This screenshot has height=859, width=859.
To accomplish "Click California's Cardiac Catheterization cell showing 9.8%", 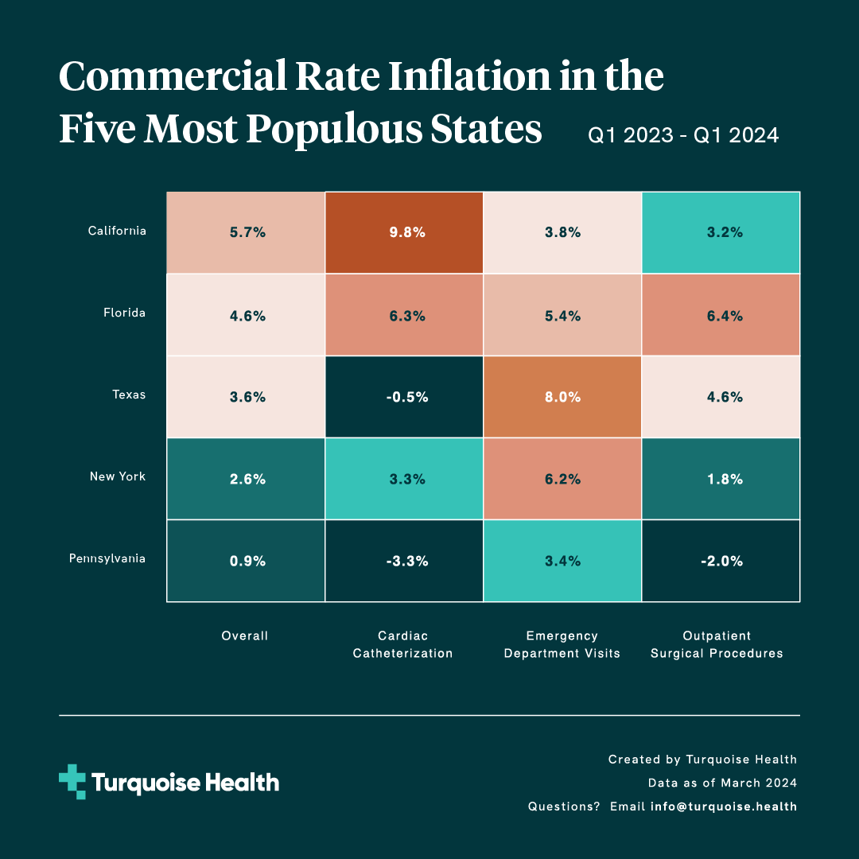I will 404,233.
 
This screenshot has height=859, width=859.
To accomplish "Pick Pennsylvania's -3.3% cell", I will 404,561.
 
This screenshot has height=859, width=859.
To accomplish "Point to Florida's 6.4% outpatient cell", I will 721,315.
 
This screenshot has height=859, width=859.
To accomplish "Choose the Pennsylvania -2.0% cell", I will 721,561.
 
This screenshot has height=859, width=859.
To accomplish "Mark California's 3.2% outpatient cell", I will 721,233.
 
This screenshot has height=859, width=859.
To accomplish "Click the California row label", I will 117,231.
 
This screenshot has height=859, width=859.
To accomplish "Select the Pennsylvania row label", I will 107,558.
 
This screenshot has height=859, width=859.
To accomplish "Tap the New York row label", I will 118,476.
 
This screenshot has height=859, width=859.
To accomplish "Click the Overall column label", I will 245,636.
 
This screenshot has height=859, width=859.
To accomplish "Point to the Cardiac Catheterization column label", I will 403,645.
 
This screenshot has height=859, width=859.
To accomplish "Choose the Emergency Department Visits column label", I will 562,645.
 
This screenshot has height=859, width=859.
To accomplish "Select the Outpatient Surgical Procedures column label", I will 717,645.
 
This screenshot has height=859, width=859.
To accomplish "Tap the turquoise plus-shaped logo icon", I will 72,781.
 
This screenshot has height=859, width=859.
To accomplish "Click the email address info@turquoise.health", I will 724,807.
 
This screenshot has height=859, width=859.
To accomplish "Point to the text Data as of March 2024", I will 722,783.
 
